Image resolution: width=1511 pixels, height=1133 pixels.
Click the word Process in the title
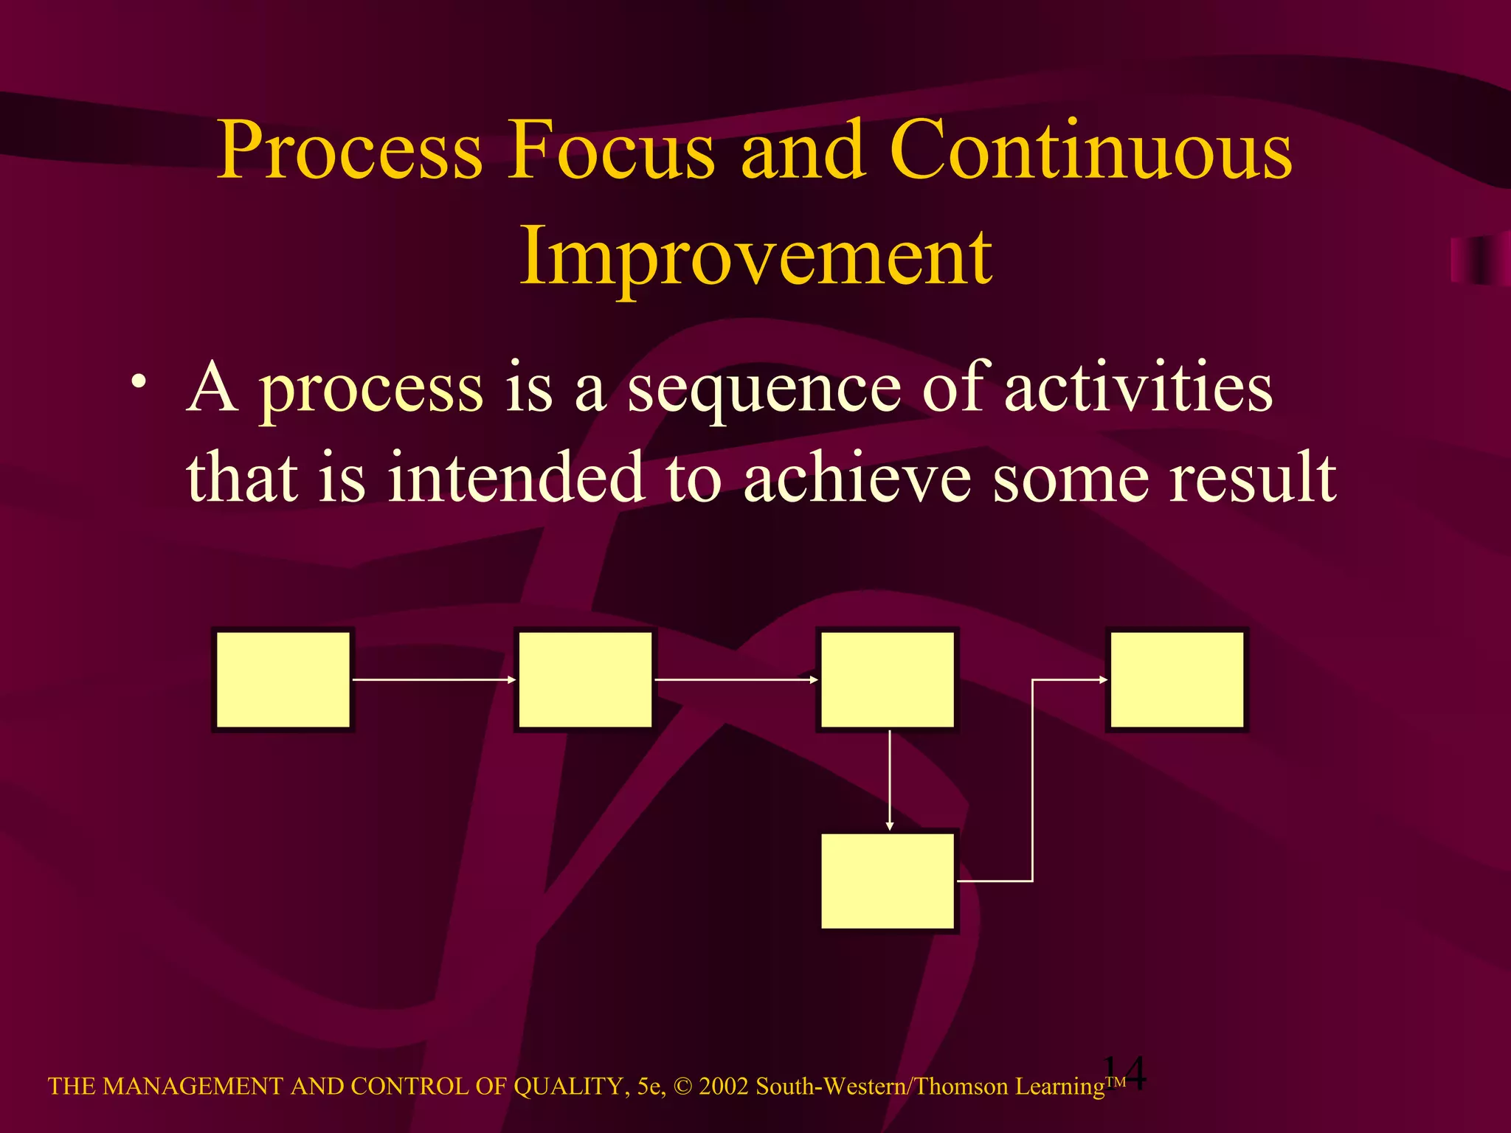(x=350, y=151)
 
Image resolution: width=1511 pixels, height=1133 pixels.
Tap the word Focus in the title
(x=611, y=151)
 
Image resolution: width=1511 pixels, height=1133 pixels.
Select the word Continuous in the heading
(x=1090, y=151)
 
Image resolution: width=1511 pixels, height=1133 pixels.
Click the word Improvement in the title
(x=755, y=257)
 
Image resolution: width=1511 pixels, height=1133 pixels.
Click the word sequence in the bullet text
(x=763, y=391)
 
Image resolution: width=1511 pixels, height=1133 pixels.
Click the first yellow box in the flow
(x=283, y=679)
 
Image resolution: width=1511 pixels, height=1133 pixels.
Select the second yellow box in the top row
(x=584, y=679)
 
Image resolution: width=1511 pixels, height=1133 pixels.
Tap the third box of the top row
(x=887, y=679)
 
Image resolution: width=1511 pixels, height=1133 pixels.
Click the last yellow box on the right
(x=1177, y=679)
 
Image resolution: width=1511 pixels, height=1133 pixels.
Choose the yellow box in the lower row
(x=888, y=881)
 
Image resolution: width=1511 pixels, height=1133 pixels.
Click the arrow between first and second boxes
(x=434, y=679)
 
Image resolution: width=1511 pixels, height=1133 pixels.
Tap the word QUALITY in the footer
(x=571, y=1087)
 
